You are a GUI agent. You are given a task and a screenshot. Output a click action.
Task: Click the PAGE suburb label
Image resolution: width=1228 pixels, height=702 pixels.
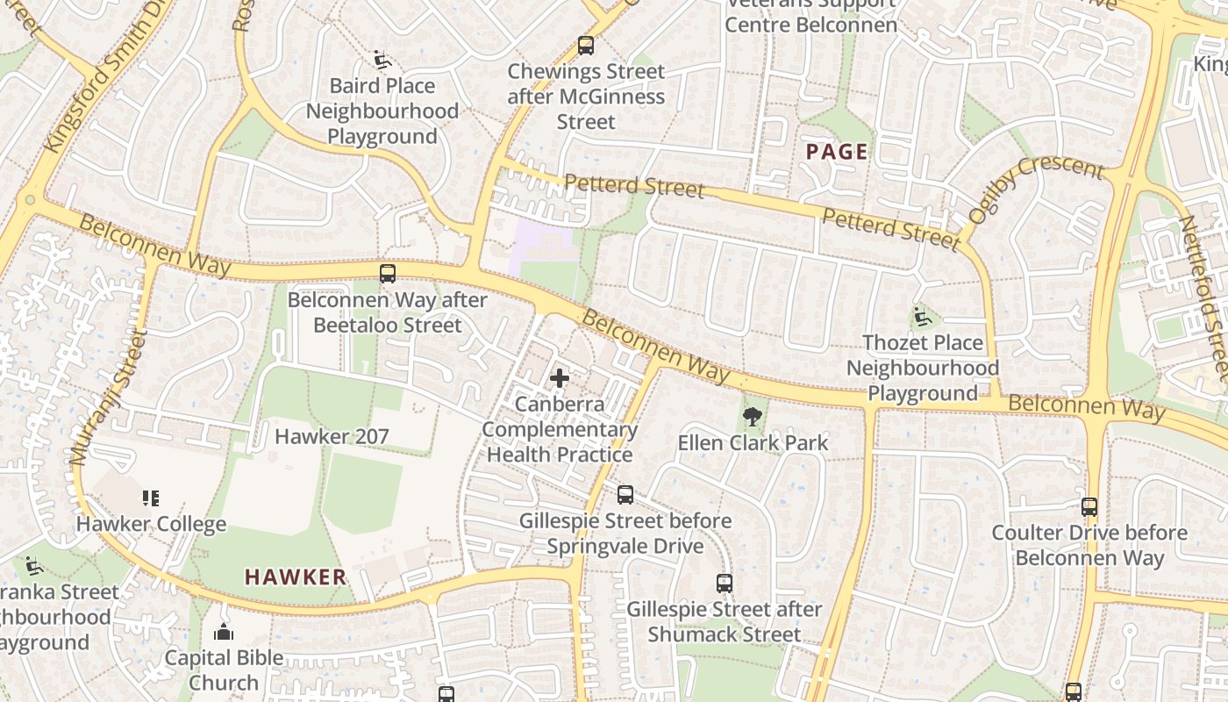(837, 152)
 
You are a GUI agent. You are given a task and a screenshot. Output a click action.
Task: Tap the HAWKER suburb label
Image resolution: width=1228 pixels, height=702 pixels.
(296, 577)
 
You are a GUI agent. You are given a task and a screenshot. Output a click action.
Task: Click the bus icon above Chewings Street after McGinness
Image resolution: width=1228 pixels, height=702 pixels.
(586, 46)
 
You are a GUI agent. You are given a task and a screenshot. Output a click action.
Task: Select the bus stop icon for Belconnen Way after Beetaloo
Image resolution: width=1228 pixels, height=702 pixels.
(388, 273)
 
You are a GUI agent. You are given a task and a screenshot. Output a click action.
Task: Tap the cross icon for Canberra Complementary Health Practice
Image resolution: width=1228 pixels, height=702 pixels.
(559, 379)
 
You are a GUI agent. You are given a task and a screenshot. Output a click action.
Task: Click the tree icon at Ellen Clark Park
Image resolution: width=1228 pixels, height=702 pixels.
(752, 417)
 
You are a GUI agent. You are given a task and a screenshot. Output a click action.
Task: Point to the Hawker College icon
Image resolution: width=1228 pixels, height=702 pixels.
(151, 498)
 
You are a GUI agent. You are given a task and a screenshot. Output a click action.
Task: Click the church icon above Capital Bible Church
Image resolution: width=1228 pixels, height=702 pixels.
(224, 632)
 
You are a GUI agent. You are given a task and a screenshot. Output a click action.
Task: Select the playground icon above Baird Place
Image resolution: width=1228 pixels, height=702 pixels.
(382, 60)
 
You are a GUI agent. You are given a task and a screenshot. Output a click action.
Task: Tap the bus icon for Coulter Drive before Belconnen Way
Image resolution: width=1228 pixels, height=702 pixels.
(1089, 506)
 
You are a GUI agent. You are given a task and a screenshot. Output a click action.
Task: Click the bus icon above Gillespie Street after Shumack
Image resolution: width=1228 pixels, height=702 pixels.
(724, 583)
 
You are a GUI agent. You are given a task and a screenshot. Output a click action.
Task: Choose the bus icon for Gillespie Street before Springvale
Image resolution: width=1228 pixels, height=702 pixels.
(625, 494)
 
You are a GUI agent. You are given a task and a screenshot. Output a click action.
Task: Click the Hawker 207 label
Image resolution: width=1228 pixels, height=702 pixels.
(332, 436)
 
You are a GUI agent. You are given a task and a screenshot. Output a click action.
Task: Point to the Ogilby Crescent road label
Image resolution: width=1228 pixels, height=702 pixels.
(1035, 189)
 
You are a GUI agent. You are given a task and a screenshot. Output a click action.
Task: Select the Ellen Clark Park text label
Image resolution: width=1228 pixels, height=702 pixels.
(753, 442)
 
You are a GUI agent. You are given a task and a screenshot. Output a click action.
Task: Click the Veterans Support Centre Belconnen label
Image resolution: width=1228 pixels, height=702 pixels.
(810, 14)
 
